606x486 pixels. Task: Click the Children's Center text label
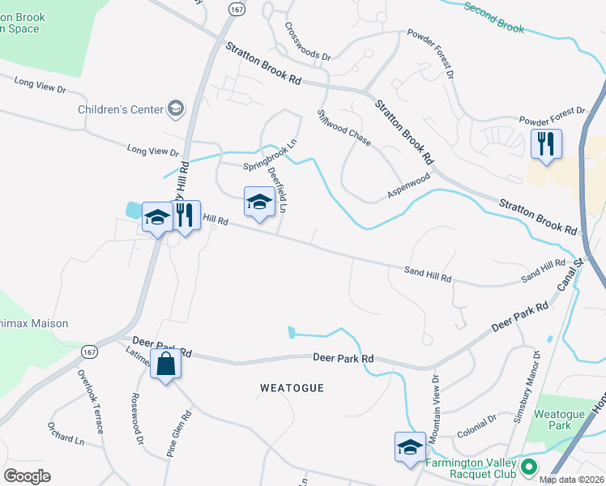[x=120, y=109]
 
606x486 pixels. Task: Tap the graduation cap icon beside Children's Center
[x=175, y=109]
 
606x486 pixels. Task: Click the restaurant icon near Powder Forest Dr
[x=545, y=145]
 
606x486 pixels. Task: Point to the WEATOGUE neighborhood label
[x=292, y=388]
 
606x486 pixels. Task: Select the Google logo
[x=28, y=476]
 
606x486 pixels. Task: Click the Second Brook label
[x=493, y=18]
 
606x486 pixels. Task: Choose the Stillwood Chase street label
[x=344, y=128]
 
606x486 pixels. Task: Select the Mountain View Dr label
[x=436, y=403]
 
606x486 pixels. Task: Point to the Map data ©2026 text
[x=571, y=480]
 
